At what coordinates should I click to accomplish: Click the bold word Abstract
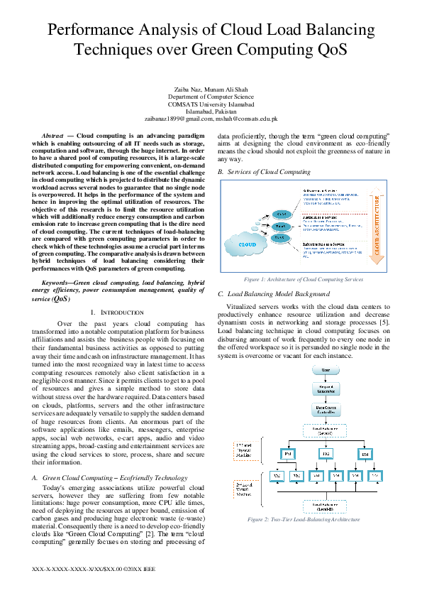tap(54, 135)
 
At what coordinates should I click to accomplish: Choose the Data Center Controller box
tap(326, 411)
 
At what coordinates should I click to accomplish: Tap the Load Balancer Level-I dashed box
tap(326, 430)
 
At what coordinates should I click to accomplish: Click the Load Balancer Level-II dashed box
tap(326, 506)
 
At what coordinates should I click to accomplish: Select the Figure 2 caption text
tap(303, 520)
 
